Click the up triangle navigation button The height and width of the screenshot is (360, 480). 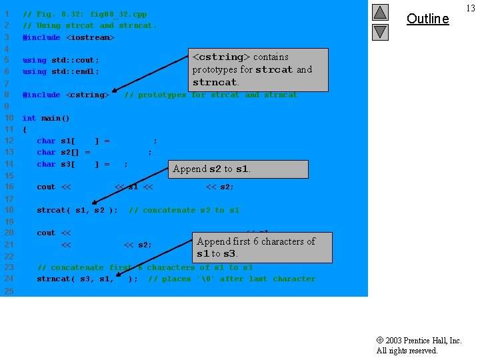click(x=380, y=12)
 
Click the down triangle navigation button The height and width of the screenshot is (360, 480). click(x=380, y=31)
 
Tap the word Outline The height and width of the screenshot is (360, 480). click(x=427, y=19)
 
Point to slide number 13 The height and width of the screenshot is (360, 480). click(x=471, y=8)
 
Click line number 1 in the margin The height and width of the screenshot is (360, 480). click(x=5, y=14)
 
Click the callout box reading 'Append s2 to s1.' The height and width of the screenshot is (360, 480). click(x=238, y=169)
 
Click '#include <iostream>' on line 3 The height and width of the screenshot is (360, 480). click(x=69, y=37)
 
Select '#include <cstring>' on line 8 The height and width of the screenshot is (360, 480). click(x=66, y=95)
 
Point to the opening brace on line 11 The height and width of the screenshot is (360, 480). click(x=25, y=129)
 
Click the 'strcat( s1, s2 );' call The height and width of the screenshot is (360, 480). click(x=77, y=210)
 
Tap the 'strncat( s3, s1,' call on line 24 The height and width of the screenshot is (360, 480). click(x=75, y=279)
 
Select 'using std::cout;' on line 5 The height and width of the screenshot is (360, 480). click(x=61, y=60)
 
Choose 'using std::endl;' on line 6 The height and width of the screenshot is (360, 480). click(x=61, y=71)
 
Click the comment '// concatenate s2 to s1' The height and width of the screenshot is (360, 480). click(x=184, y=210)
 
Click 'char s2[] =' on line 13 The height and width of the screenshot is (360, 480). click(x=63, y=152)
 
